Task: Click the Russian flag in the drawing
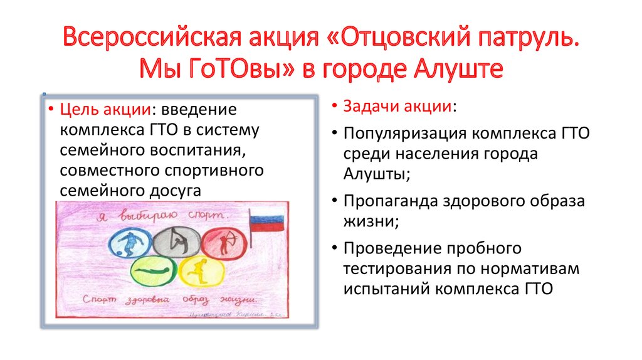click(266, 223)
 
